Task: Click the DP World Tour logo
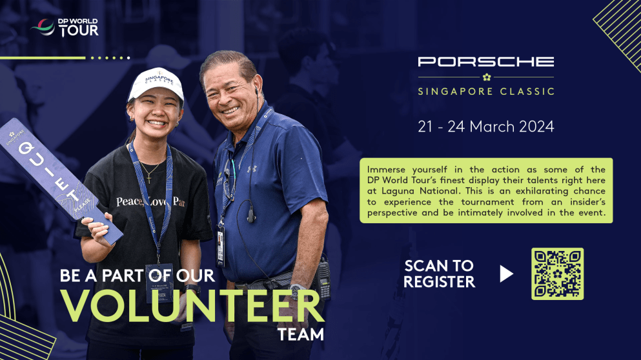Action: tap(65, 27)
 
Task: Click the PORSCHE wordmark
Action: tap(485, 62)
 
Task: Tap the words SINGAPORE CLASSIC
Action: tap(485, 92)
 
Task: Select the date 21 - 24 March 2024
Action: tap(485, 126)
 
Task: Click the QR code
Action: tap(557, 274)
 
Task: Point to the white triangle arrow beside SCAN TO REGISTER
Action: tap(506, 274)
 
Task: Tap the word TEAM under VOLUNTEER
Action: tap(300, 335)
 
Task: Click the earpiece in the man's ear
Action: tap(256, 92)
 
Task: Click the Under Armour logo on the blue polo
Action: tap(252, 169)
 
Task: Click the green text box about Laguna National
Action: tap(485, 190)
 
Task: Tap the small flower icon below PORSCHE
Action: tap(486, 77)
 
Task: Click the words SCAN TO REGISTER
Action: tap(439, 274)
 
